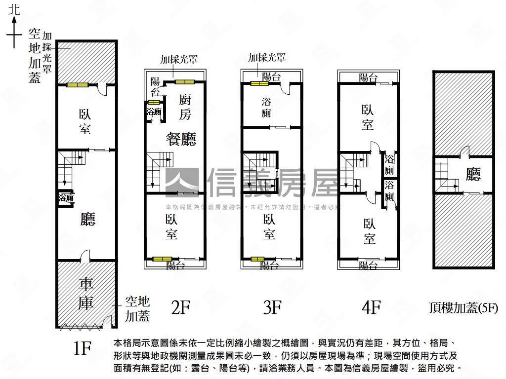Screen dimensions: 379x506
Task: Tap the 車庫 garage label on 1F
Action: (86, 294)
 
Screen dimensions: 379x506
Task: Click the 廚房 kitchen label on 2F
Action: (185, 107)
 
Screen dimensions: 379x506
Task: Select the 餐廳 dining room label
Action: (180, 139)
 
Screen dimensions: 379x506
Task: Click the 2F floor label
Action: (180, 307)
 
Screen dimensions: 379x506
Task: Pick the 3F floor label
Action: (272, 307)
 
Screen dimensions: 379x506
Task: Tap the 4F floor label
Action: (371, 307)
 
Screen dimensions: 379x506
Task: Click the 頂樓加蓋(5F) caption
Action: (463, 308)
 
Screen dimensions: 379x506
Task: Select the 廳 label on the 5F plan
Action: (473, 174)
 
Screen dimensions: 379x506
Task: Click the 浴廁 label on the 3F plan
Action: (266, 108)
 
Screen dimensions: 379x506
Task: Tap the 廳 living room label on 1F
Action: (87, 219)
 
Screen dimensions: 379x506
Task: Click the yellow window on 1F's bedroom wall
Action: (78, 85)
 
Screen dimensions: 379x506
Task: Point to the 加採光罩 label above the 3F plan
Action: (267, 58)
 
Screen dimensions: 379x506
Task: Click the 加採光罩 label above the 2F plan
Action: (179, 60)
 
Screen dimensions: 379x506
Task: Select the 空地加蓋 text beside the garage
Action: (137, 308)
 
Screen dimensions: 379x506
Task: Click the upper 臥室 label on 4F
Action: (367, 117)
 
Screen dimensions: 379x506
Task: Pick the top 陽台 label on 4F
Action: (368, 77)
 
